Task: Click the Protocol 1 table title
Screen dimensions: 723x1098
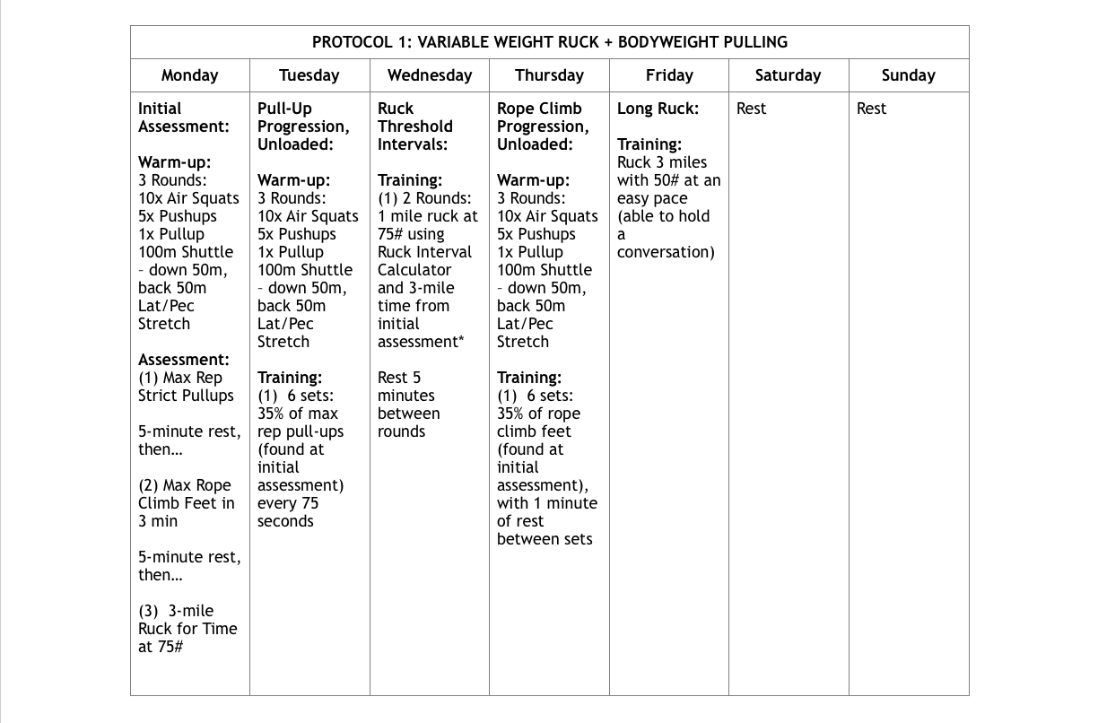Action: coord(549,42)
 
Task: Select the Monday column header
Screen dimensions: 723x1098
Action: coord(189,75)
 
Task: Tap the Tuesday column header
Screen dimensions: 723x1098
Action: coord(309,75)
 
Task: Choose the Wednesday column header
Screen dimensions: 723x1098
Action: coord(429,75)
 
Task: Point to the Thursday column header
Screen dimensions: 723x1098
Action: coord(549,75)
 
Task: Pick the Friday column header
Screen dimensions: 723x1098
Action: coord(668,75)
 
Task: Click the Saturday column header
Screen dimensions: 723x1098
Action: coord(788,75)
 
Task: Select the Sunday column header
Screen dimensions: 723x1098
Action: coord(908,75)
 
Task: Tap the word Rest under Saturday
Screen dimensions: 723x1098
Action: coord(751,109)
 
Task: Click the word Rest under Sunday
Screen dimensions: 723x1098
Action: coord(871,109)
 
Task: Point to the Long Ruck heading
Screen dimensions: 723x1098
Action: coord(658,109)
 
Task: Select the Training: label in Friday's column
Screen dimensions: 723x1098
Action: coord(649,144)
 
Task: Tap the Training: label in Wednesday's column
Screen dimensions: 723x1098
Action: coord(409,180)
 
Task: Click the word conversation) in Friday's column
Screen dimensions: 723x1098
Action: coord(665,252)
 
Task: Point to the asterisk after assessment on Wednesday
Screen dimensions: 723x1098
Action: coord(461,340)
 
